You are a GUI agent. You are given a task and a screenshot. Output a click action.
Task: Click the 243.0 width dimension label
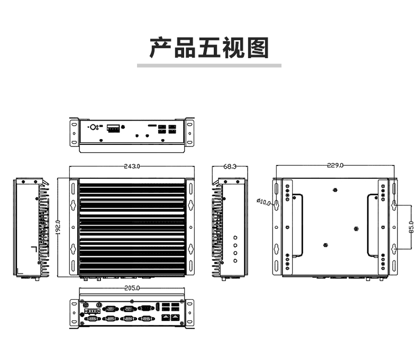(x=132, y=166)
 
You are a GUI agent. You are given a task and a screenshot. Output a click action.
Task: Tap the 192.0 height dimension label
(x=58, y=227)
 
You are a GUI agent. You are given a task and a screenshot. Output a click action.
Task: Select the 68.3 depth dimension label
(x=230, y=167)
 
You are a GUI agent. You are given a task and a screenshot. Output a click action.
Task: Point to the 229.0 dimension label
(x=335, y=165)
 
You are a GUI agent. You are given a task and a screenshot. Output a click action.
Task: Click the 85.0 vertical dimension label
(x=411, y=227)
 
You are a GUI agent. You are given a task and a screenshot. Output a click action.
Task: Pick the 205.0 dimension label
(x=132, y=288)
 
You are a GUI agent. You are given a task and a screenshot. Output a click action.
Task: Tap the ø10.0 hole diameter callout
(x=263, y=202)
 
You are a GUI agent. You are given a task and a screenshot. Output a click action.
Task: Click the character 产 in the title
(x=160, y=48)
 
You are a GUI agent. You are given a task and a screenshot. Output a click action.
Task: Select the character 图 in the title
(x=258, y=48)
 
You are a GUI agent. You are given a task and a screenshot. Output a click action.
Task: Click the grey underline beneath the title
(x=210, y=66)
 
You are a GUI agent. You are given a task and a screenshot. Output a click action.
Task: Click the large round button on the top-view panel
(x=93, y=127)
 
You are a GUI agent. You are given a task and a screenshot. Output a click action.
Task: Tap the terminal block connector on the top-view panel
(x=113, y=128)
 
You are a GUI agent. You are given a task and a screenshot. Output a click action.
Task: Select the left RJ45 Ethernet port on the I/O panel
(x=166, y=317)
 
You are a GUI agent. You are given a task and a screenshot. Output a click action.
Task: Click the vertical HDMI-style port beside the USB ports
(x=158, y=307)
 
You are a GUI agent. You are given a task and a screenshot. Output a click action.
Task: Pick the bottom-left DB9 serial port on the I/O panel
(x=92, y=318)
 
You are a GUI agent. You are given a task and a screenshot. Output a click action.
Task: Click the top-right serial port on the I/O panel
(x=146, y=308)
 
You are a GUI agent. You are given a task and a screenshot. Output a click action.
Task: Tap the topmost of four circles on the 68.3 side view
(x=235, y=237)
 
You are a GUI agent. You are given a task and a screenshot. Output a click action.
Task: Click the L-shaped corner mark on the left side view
(x=34, y=249)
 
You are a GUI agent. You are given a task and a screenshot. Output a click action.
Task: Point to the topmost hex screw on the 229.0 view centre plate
(x=335, y=190)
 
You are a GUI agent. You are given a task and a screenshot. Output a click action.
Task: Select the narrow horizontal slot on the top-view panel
(x=152, y=125)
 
